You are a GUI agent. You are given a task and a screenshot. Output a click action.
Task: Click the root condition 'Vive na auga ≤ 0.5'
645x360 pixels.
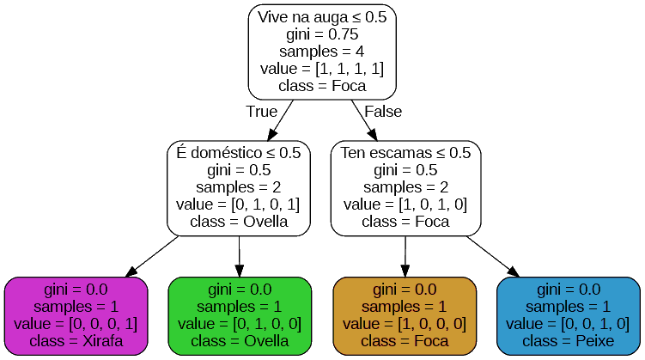(322, 17)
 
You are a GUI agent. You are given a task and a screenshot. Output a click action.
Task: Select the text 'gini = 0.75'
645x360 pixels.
(322, 34)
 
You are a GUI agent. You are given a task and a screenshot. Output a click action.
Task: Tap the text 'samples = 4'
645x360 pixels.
(322, 52)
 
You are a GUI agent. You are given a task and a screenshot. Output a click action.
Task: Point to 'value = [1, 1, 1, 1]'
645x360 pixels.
(322, 69)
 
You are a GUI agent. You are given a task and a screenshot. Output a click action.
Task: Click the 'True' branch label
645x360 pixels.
(261, 112)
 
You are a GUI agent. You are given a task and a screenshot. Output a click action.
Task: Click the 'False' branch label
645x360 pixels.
(383, 112)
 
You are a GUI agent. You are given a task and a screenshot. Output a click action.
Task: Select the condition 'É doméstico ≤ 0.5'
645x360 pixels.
(239, 153)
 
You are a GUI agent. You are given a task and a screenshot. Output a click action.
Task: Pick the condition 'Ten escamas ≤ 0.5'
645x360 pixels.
(405, 153)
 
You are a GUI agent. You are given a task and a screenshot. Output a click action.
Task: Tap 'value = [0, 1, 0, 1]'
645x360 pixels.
(239, 204)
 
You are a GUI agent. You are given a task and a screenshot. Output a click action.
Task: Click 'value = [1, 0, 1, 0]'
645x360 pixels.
(405, 204)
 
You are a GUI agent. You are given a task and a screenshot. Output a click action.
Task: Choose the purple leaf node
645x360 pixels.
(76, 315)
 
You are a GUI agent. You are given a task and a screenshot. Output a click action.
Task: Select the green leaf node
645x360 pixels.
(239, 315)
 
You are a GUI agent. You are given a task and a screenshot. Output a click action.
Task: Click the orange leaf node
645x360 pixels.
(405, 315)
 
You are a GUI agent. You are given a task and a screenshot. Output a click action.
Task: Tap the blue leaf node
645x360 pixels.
(569, 315)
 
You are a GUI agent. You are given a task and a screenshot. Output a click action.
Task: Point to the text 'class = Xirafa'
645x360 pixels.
(76, 341)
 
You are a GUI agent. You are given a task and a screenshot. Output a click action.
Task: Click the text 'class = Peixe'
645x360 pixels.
(569, 341)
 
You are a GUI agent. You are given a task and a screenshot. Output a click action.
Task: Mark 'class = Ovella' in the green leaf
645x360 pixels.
(239, 341)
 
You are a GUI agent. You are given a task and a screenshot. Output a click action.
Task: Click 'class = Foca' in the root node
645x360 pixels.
(322, 86)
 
